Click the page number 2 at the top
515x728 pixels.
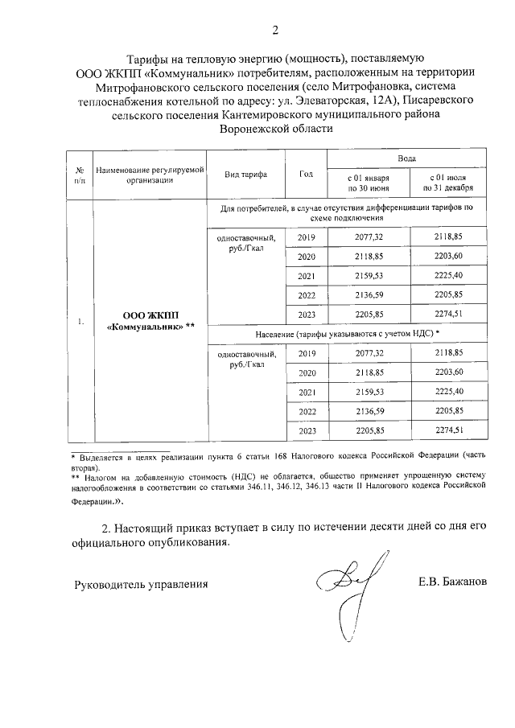click(275, 31)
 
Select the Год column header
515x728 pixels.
click(306, 175)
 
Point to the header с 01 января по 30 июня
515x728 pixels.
click(368, 182)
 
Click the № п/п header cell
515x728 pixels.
click(80, 175)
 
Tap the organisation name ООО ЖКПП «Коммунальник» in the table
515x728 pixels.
click(150, 322)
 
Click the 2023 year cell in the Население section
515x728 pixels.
click(306, 431)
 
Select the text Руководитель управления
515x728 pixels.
click(141, 584)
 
